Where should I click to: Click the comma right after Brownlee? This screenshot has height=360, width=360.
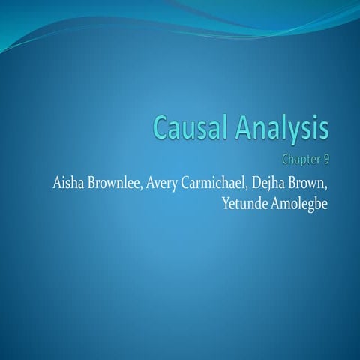coord(154,187)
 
